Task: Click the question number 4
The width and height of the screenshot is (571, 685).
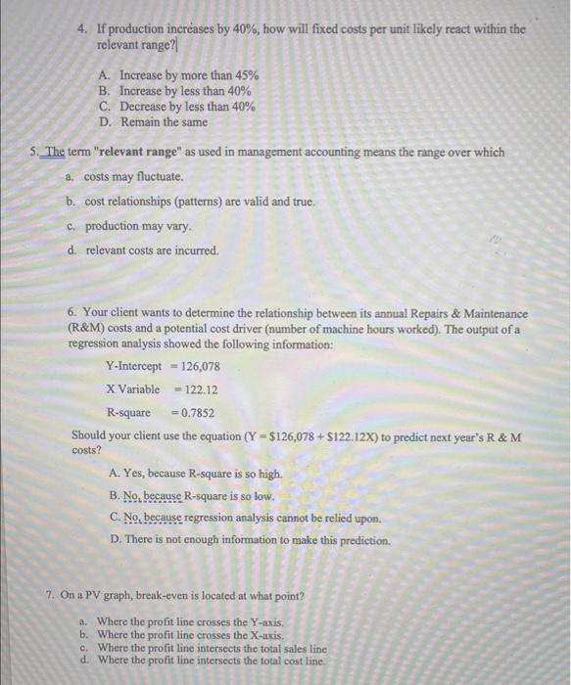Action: tap(84, 29)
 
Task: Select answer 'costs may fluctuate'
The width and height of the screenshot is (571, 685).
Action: tap(133, 177)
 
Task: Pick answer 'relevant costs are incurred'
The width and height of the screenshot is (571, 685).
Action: tap(152, 251)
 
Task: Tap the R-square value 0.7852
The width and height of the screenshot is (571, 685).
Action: tap(196, 413)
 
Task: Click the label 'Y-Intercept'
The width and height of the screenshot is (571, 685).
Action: tap(133, 367)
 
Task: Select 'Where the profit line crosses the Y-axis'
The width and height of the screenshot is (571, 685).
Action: tap(190, 622)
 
